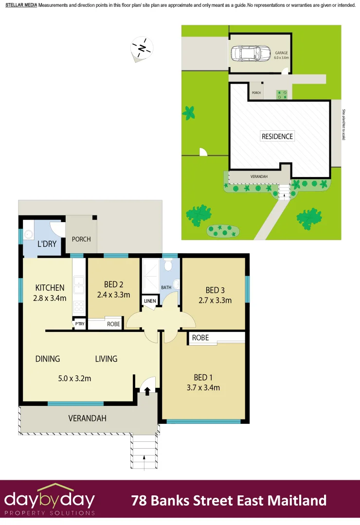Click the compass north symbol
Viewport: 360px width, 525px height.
142,48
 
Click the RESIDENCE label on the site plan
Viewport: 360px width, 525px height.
277,136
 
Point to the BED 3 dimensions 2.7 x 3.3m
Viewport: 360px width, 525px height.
215,300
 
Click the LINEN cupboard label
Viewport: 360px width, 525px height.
150,301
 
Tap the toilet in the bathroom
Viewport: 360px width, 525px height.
168,265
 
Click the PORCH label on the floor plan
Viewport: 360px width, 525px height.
81,239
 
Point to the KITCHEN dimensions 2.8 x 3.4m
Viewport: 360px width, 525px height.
50,298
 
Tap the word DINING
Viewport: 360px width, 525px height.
48,359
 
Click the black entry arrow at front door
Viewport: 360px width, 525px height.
147,390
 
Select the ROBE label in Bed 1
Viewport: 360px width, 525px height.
200,338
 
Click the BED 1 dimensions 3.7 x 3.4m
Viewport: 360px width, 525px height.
203,387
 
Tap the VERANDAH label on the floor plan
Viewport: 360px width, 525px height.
87,418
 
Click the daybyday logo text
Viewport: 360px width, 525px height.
50,499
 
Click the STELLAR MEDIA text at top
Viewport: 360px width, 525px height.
21,5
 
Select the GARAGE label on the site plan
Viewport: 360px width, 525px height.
282,52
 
